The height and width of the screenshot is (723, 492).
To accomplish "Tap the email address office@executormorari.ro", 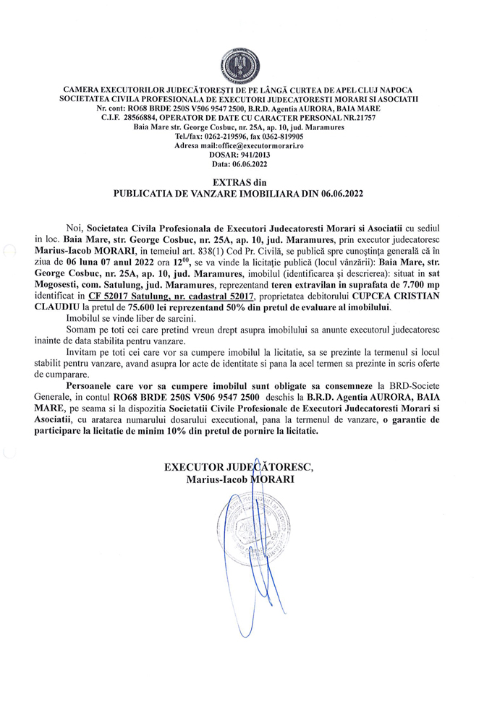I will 257,145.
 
